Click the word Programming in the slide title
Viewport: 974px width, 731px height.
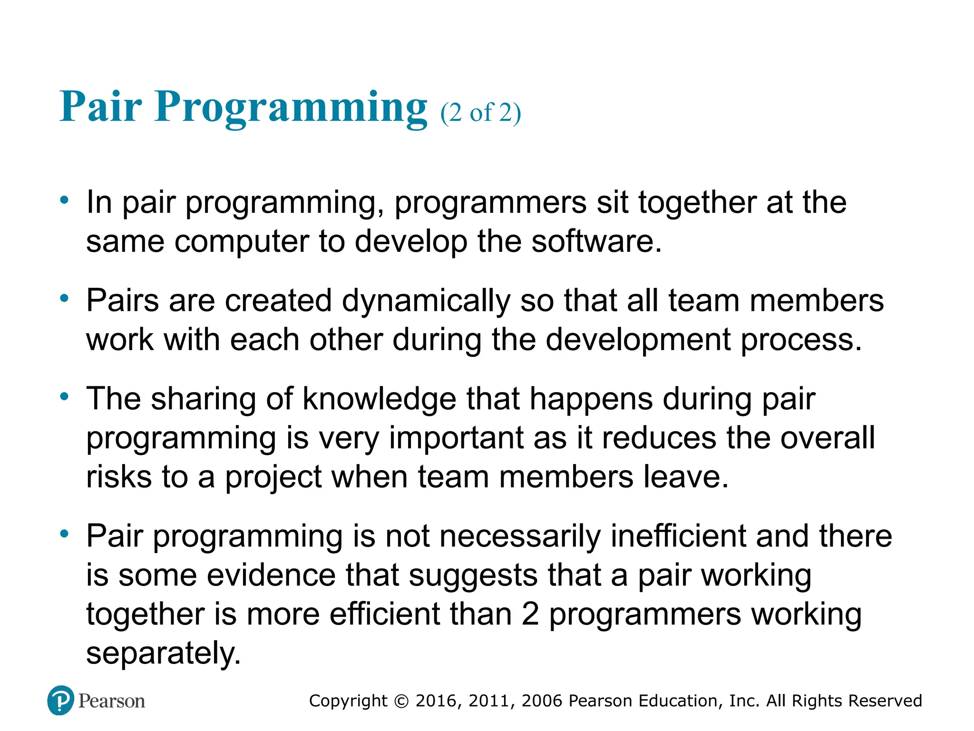click(291, 107)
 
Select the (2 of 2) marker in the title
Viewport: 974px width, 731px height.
click(480, 113)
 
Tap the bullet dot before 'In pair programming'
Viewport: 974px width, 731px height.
click(65, 200)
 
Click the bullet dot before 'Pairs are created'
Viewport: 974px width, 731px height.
click(65, 299)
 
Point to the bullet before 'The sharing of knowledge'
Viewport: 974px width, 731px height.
click(65, 396)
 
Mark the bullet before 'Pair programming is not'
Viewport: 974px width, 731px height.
click(65, 534)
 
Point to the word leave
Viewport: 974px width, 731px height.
click(685, 477)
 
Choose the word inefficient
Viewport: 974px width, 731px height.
click(678, 536)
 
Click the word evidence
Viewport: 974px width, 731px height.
click(271, 575)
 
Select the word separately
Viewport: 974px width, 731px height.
click(163, 653)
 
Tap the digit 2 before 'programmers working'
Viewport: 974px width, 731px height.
click(530, 614)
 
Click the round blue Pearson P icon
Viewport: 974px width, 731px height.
click(61, 701)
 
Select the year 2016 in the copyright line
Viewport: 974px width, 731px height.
click(437, 701)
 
